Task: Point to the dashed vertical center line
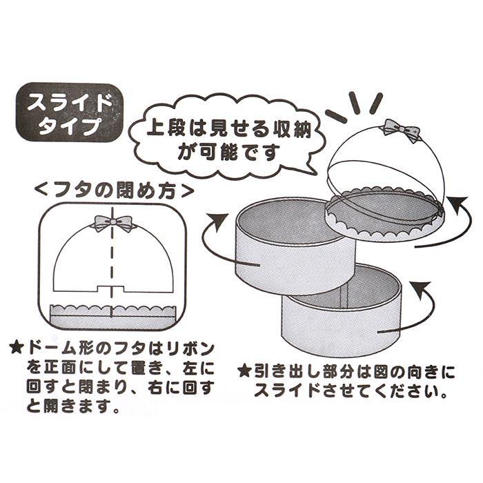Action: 112,276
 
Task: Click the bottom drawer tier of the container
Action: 338,310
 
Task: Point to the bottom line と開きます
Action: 66,406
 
